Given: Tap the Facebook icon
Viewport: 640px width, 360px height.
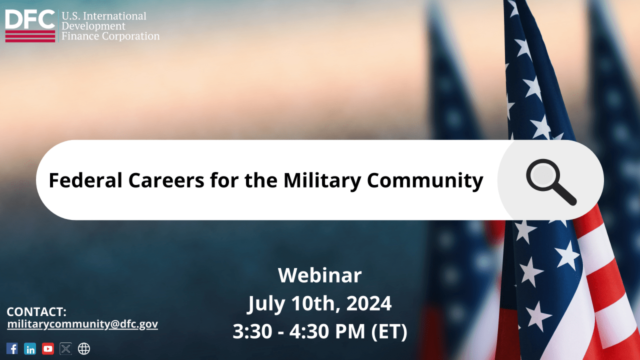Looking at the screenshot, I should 12,348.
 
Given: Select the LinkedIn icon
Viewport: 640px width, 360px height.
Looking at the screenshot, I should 30,348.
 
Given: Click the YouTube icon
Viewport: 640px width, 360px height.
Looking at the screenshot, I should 48,348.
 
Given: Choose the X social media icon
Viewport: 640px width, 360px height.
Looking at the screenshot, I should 65,348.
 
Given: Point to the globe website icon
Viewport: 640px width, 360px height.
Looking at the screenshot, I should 84,348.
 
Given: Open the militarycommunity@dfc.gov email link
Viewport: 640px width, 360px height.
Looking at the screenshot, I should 82,324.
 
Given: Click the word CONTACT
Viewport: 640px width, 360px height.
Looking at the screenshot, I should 36,312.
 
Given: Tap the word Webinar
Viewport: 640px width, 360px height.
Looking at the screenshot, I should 319,275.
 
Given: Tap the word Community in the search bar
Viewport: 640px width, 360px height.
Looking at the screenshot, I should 425,180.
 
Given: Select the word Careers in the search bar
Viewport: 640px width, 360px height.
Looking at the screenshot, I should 166,180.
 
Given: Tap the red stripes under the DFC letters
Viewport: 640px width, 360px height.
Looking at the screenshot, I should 30,36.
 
